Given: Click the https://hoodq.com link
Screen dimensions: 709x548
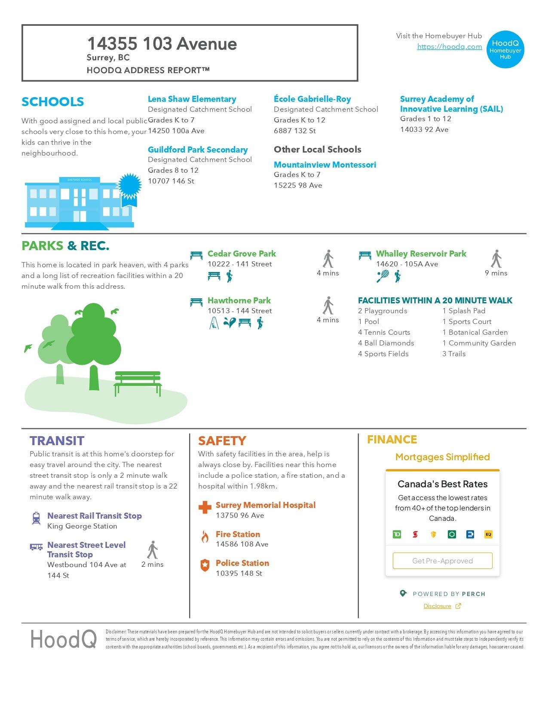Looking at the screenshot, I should [x=449, y=47].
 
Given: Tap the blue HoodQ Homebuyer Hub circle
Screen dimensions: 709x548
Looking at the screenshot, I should [x=505, y=49].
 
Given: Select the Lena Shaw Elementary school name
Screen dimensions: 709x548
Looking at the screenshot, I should [x=192, y=99].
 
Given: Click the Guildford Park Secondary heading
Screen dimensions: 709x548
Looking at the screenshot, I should [x=198, y=150].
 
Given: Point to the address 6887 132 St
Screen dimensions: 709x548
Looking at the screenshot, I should [x=294, y=131].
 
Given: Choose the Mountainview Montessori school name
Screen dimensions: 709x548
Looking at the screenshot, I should [x=325, y=165].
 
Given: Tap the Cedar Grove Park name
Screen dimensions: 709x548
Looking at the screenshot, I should [x=242, y=254].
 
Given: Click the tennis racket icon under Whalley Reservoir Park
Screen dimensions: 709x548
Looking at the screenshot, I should [x=383, y=276].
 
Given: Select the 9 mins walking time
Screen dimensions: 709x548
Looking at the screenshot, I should [x=496, y=273].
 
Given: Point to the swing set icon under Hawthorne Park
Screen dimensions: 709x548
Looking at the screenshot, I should [x=214, y=323].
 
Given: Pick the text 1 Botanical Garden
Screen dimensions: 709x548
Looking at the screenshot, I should [x=475, y=332].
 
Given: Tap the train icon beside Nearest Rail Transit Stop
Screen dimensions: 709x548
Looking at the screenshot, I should [x=37, y=518].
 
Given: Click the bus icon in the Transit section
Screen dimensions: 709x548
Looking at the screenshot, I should [x=36, y=547].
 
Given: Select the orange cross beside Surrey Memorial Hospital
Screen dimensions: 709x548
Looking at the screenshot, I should [x=205, y=507].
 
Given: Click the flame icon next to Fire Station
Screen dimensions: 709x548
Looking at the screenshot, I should [x=205, y=537].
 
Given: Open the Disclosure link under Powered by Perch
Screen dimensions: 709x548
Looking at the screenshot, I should [x=437, y=606].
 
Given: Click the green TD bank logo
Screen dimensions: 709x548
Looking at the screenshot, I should [x=397, y=534].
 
